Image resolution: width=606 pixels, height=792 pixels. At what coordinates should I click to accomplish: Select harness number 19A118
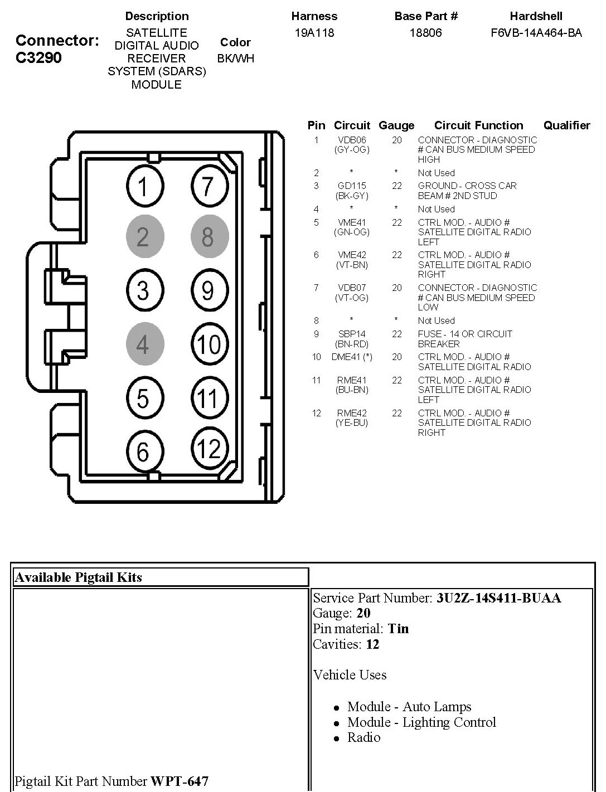[314, 33]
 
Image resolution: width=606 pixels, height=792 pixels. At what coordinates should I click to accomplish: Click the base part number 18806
[425, 33]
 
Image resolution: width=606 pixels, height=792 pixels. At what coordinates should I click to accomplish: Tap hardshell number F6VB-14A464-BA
[536, 33]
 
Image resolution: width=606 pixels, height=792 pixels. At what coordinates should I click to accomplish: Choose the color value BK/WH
[235, 58]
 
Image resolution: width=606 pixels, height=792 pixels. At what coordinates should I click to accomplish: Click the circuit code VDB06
[352, 140]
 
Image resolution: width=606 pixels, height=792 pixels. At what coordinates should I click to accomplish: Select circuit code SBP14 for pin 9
[352, 334]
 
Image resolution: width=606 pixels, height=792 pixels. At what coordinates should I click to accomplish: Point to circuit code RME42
[352, 413]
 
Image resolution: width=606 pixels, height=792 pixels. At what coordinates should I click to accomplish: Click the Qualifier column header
[566, 125]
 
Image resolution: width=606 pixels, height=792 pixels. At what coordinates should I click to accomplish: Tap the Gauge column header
[396, 125]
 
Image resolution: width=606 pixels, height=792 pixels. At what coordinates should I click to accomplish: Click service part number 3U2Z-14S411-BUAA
[498, 598]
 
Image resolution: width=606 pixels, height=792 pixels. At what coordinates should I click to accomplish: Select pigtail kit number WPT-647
[179, 781]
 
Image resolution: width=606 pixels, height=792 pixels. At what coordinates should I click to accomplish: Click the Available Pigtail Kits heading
[79, 577]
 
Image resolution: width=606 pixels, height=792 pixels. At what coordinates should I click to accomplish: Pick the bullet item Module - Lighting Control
[421, 722]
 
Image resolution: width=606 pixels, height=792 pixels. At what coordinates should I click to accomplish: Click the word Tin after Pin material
[398, 629]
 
